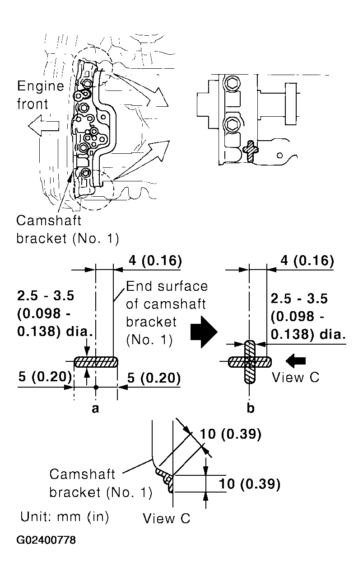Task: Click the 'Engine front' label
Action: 41,95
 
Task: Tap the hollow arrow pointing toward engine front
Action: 43,126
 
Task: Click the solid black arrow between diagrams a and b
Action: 204,332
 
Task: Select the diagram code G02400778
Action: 46,540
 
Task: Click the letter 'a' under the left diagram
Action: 95,408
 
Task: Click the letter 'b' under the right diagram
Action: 251,407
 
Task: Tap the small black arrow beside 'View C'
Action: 296,361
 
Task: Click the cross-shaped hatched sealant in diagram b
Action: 250,362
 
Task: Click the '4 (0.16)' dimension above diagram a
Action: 155,261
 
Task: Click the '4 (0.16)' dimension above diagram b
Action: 307,261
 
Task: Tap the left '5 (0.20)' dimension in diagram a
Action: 45,377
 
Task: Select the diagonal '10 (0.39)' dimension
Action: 231,434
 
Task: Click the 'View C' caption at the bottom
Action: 167,518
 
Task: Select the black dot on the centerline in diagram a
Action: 96,387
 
